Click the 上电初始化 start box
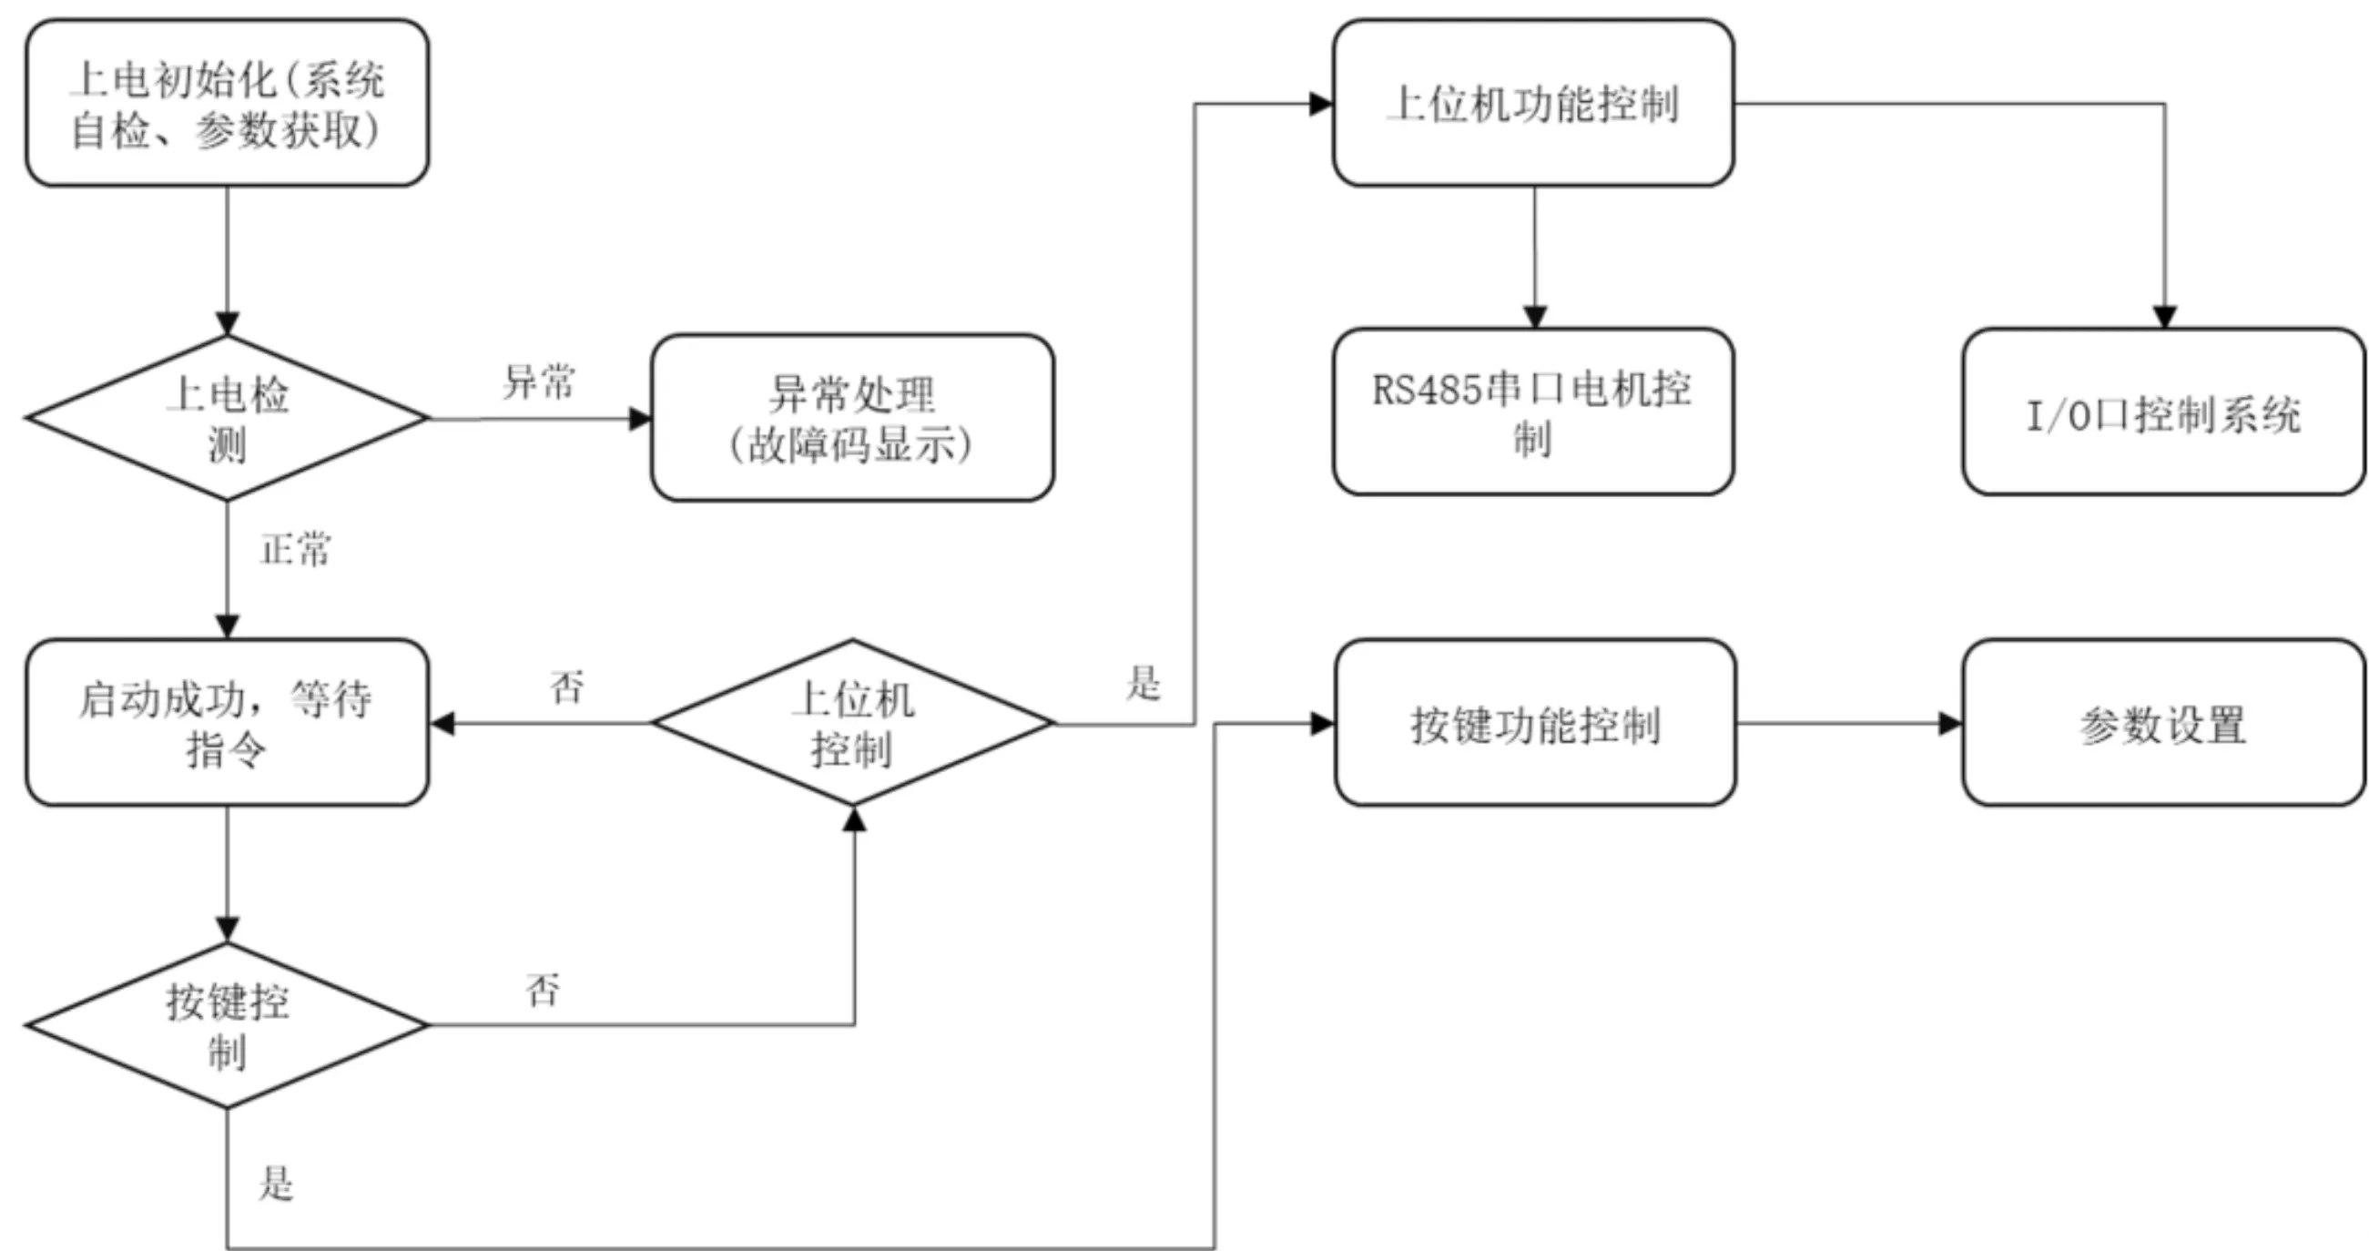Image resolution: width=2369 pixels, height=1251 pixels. (227, 103)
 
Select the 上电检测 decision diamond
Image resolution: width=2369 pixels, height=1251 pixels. (227, 418)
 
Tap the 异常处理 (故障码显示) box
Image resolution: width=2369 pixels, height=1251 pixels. (852, 418)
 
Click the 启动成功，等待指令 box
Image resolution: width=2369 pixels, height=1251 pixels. (227, 723)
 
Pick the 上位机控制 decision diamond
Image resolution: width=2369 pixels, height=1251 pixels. (852, 723)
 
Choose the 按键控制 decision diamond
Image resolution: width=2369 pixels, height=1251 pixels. (227, 1025)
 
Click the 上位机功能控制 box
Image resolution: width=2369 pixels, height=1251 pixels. (1534, 103)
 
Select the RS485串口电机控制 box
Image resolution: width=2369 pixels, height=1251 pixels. (1534, 412)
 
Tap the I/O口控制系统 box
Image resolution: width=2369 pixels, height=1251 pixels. (2164, 412)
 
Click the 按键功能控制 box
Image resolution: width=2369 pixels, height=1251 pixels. (1536, 723)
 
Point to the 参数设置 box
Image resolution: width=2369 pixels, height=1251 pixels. (2164, 723)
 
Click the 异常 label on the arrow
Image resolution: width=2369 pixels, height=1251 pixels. (539, 381)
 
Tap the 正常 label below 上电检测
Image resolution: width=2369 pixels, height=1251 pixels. (295, 549)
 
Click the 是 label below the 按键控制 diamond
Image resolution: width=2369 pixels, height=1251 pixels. (276, 1183)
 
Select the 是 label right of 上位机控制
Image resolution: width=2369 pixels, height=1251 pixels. (1144, 684)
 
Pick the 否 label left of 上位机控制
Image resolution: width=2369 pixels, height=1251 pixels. (566, 687)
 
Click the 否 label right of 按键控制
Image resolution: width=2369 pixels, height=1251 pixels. (543, 990)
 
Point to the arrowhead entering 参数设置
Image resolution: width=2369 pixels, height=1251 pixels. (1950, 723)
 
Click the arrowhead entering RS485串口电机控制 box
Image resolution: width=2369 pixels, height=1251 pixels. (1534, 317)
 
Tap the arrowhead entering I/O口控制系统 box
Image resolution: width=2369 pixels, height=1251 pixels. (2165, 317)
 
